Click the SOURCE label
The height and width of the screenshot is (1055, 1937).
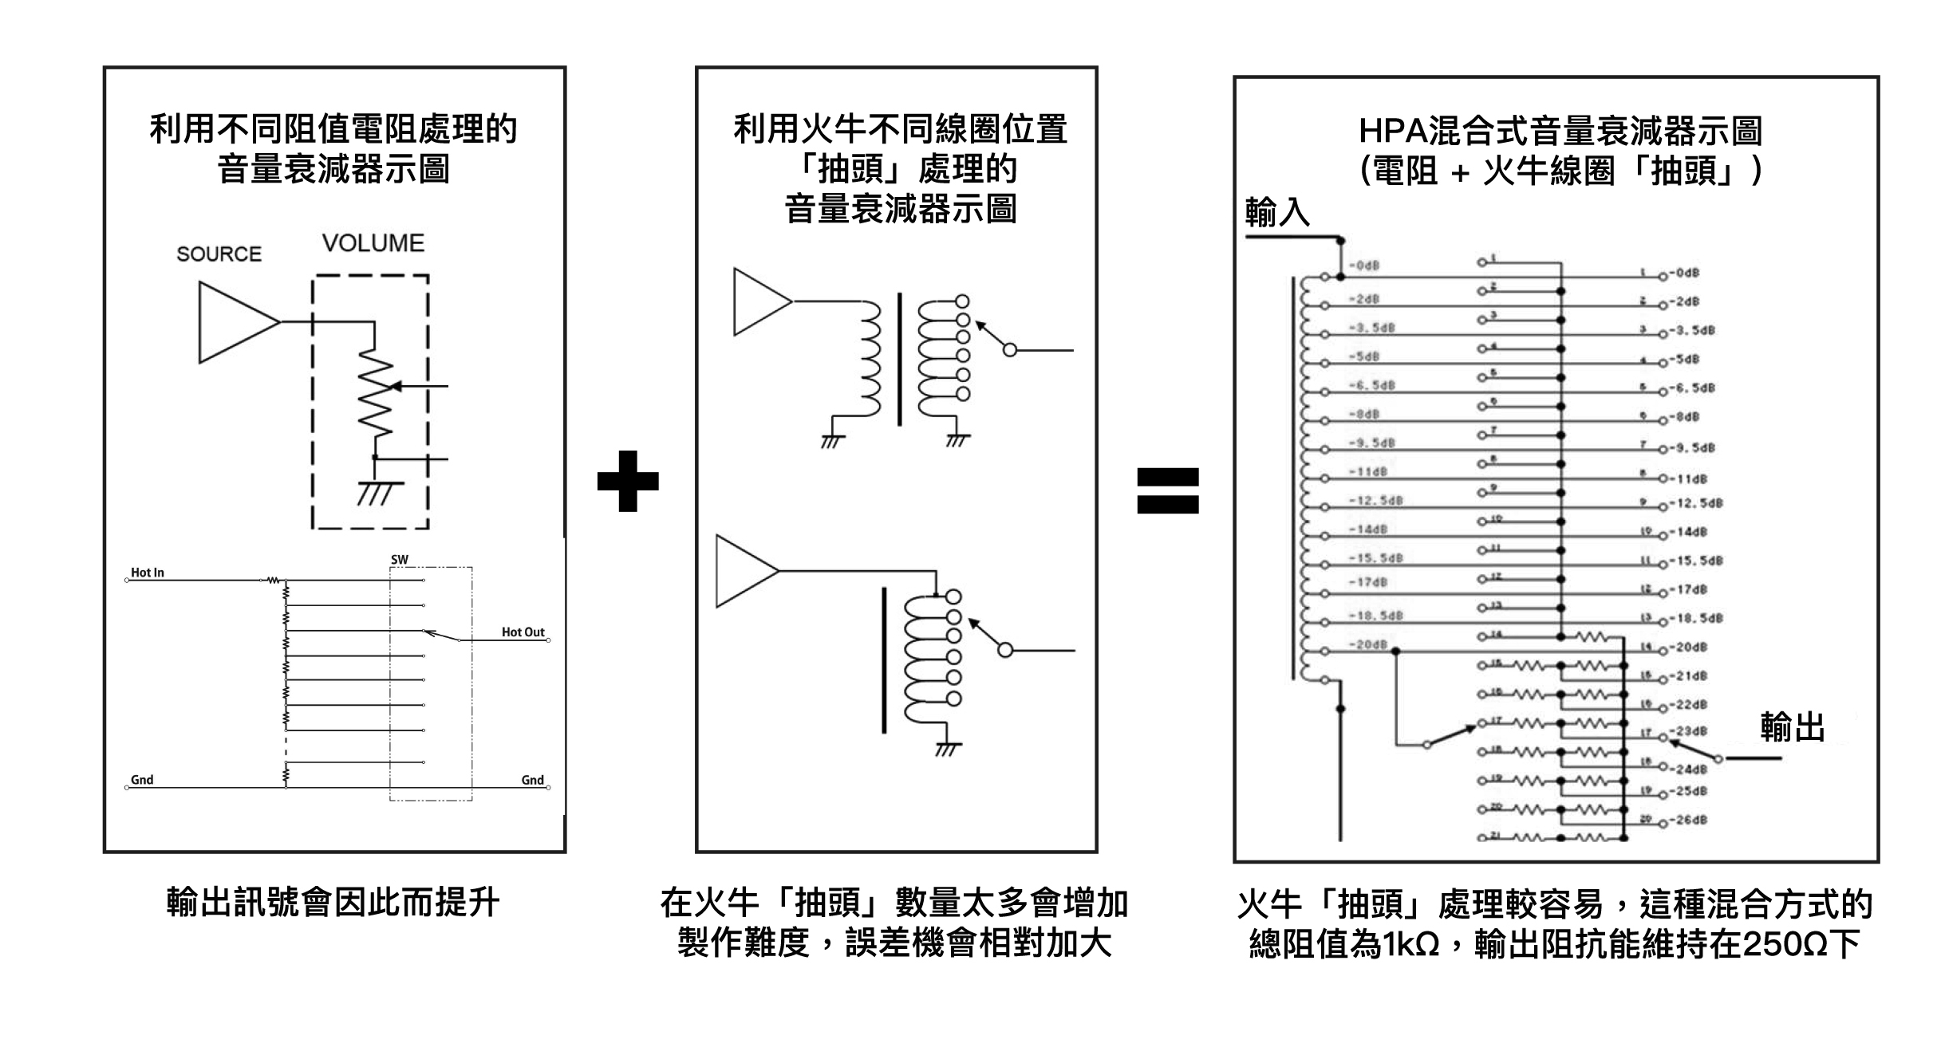click(219, 254)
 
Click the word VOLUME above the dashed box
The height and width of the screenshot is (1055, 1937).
click(373, 243)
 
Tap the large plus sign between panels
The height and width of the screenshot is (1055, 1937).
click(628, 481)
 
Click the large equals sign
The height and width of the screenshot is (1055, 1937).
click(1167, 490)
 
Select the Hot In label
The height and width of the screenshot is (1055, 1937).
click(148, 573)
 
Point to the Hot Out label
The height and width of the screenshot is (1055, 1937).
click(523, 632)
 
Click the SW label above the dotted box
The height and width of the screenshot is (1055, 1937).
click(399, 560)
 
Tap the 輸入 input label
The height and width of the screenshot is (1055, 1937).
click(1277, 212)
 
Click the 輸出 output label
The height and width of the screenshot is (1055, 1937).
click(1792, 728)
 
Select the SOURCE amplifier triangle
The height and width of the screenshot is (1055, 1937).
click(233, 322)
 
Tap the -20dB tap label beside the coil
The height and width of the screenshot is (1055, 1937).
click(1368, 644)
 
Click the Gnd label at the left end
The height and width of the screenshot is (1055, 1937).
click(142, 780)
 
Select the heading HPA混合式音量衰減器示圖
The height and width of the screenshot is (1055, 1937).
click(1560, 131)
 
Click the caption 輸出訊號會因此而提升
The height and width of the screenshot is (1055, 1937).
click(333, 903)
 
